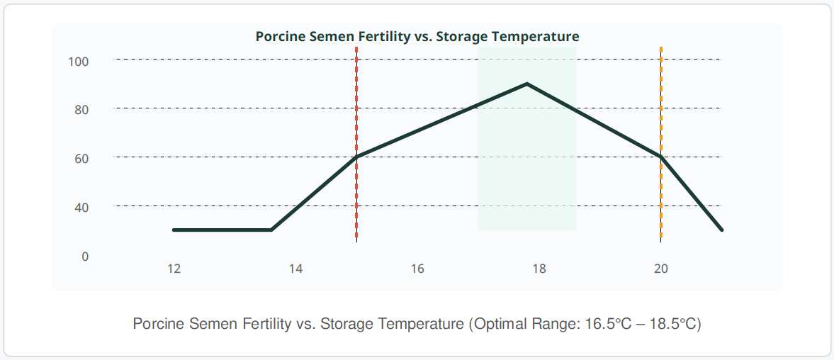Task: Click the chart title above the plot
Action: pos(417,37)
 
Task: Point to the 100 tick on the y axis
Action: pos(78,61)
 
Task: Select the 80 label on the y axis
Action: pos(81,110)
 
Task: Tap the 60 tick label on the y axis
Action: pos(81,159)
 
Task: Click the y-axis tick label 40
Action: pos(81,208)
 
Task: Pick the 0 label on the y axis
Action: pos(85,257)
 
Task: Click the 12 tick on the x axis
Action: pos(174,269)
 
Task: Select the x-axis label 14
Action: pos(295,269)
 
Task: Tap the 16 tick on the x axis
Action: pos(417,269)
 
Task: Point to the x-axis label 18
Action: pos(539,269)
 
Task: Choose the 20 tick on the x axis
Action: pos(661,269)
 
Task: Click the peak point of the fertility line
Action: pos(526,84)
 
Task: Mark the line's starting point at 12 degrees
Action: pos(174,230)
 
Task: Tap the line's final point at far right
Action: pos(722,230)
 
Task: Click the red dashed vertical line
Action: pos(356,144)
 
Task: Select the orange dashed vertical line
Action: pos(661,144)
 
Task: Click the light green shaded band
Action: pos(527,138)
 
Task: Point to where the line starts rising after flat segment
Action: pos(271,230)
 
